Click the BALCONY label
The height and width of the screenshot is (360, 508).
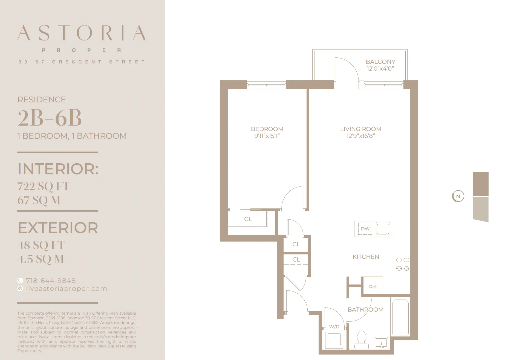pos(380,62)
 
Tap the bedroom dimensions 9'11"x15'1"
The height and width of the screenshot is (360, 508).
pos(267,136)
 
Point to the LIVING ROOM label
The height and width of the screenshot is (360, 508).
pos(360,129)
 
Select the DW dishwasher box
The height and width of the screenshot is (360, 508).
pos(365,229)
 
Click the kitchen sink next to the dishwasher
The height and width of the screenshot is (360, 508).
pos(383,229)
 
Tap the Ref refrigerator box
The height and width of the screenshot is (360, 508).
pos(373,287)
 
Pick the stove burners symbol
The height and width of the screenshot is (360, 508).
pos(402,264)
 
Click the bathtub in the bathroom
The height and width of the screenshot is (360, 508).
pos(400,318)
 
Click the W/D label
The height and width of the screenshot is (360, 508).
pos(334,327)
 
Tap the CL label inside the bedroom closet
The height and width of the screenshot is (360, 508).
pos(248,219)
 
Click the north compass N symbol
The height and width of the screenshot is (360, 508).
pos(458,196)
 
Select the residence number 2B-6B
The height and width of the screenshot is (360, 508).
pos(50,118)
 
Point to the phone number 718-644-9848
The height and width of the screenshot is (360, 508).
pos(51,281)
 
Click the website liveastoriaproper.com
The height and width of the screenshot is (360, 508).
pos(67,289)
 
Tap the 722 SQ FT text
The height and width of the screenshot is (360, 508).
pos(44,186)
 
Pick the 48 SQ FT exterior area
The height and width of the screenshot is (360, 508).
pos(41,245)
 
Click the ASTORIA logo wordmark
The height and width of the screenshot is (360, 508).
pos(81,33)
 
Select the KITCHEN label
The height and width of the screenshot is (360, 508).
pos(366,257)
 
